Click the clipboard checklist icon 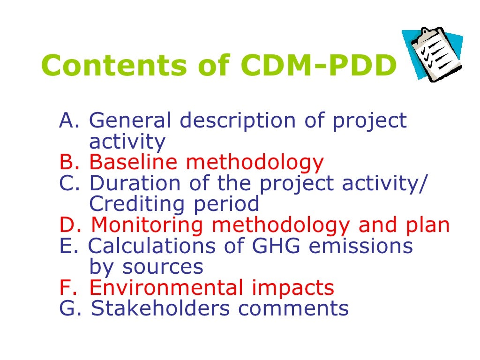(x=433, y=54)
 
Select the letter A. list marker (x=71, y=121)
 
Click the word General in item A (x=130, y=121)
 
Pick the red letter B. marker (x=71, y=163)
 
